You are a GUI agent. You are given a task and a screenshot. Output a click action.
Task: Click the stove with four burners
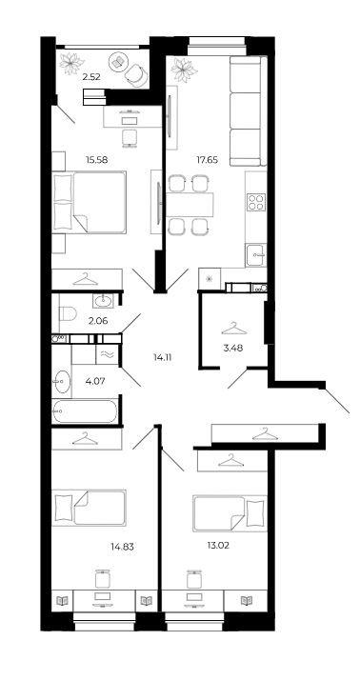click(256, 201)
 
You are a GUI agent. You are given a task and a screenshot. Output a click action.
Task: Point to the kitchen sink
click(256, 253)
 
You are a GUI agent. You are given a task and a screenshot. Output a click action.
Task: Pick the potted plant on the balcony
click(71, 63)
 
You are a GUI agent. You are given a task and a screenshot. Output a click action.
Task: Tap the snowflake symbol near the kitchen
click(210, 279)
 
